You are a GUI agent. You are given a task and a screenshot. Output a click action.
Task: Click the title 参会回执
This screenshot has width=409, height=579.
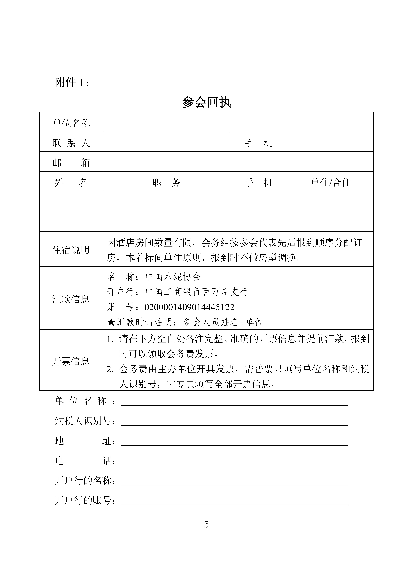click(x=206, y=102)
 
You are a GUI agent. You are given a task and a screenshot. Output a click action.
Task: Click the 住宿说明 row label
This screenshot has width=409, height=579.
click(x=71, y=250)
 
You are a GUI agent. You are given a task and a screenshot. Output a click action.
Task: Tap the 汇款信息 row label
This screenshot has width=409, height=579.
click(x=71, y=299)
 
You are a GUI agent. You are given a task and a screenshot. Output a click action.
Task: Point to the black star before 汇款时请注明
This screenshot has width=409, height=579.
click(x=111, y=322)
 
